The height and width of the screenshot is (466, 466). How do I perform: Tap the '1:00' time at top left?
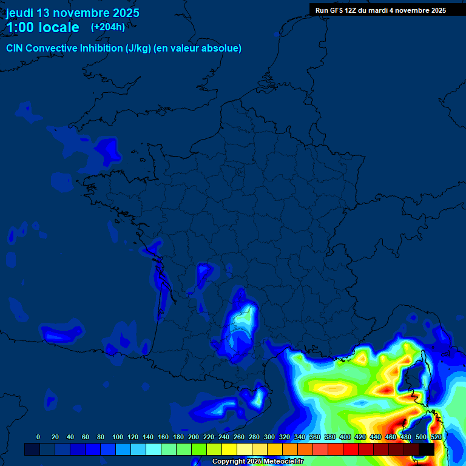(19, 27)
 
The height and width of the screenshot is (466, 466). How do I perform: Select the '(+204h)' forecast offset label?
(108, 27)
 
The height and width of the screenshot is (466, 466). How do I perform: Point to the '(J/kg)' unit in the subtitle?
(138, 49)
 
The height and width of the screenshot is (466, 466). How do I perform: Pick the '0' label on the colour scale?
(38, 437)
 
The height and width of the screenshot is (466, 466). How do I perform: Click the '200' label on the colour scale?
(194, 437)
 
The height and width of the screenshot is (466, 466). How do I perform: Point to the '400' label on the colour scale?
(345, 437)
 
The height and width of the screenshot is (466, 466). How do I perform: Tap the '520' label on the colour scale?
(436, 437)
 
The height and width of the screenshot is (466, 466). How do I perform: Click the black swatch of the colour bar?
(427, 449)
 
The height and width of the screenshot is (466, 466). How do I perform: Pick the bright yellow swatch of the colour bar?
(229, 449)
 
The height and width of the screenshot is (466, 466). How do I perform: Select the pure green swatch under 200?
(198, 449)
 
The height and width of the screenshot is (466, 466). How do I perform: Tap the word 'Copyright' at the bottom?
(229, 462)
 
